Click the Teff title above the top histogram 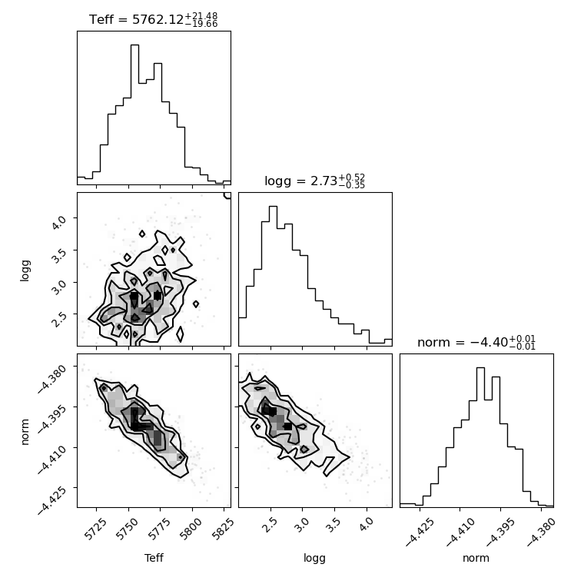154,19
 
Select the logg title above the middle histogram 315,181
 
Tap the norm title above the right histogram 476,342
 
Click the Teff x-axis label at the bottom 154,558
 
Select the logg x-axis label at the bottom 315,559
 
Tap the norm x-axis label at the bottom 476,559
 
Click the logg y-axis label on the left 25,270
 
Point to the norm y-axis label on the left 25,432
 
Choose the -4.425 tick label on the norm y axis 53,499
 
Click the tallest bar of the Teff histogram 134,114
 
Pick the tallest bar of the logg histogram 273,276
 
